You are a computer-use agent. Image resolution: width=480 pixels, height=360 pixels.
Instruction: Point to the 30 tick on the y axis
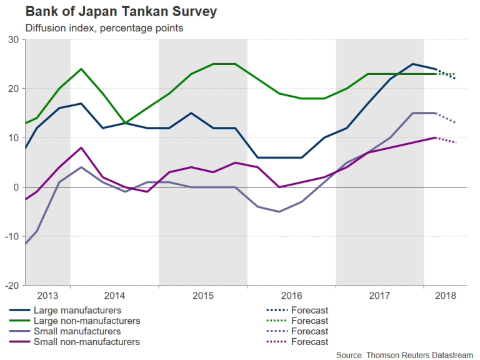point(13,40)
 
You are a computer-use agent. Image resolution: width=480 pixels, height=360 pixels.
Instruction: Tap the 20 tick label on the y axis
point(13,89)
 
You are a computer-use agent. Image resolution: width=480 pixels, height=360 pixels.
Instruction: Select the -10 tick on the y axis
point(11,236)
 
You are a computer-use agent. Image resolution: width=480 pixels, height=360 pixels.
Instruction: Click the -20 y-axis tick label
point(11,286)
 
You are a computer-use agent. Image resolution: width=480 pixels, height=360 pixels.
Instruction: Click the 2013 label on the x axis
point(47,296)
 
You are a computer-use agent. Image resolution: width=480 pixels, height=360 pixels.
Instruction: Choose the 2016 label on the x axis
point(292,296)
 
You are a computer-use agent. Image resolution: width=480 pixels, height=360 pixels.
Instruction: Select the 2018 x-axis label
point(445,296)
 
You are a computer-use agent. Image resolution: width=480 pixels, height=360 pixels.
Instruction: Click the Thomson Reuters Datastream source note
point(405,354)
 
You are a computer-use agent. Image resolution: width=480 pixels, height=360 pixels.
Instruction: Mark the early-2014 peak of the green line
point(81,69)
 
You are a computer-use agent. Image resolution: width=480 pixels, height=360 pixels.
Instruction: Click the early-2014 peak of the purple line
point(81,147)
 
